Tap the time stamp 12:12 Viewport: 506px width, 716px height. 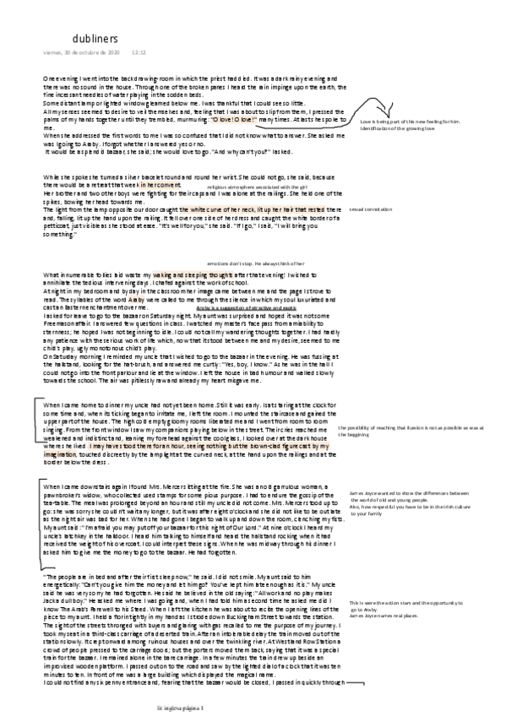point(139,52)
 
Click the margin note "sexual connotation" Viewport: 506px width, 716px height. point(373,208)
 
